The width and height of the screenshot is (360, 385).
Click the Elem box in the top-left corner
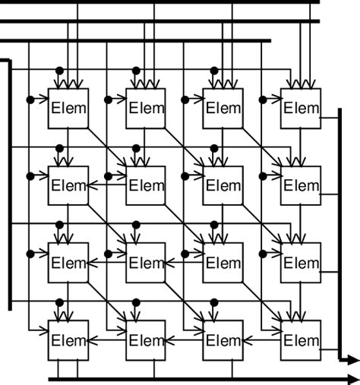tap(68, 108)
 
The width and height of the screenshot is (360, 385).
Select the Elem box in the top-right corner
tap(301, 108)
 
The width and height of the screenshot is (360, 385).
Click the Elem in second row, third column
tap(223, 185)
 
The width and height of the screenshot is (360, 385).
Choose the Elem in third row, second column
tap(145, 263)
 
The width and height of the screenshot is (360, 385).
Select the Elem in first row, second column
tap(145, 108)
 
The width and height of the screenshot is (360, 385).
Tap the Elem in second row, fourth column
tap(301, 185)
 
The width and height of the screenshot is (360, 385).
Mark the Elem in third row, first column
tap(68, 263)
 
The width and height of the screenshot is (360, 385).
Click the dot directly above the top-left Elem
tap(58, 71)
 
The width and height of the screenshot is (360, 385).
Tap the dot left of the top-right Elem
tap(263, 99)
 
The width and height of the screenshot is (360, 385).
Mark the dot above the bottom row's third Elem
tap(214, 301)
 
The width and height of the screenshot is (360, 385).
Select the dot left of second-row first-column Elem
tap(30, 176)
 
